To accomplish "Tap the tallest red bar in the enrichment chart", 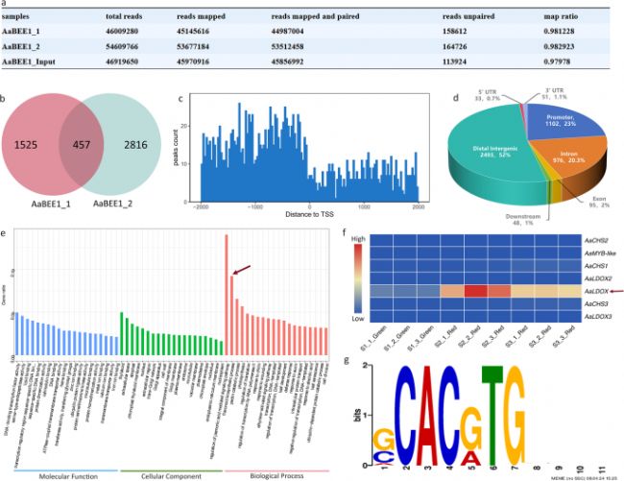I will [226, 298].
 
